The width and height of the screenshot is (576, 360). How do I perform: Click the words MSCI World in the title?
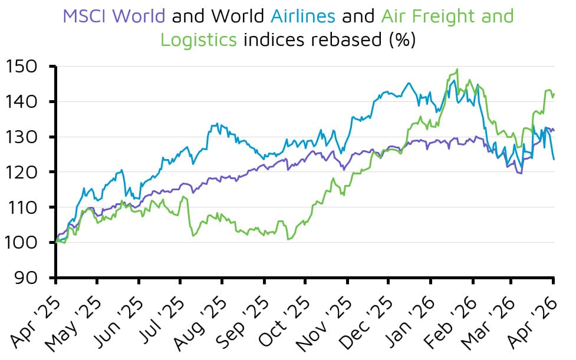[114, 16]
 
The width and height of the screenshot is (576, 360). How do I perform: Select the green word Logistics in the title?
[199, 40]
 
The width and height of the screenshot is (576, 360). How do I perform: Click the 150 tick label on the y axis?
[25, 66]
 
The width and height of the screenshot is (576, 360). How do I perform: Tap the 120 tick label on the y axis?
[25, 172]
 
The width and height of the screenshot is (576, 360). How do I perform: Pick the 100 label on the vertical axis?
[25, 243]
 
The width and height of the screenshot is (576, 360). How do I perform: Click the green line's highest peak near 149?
[457, 70]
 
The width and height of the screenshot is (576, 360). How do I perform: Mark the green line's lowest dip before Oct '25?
[288, 239]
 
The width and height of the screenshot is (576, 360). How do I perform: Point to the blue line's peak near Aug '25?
[218, 124]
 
